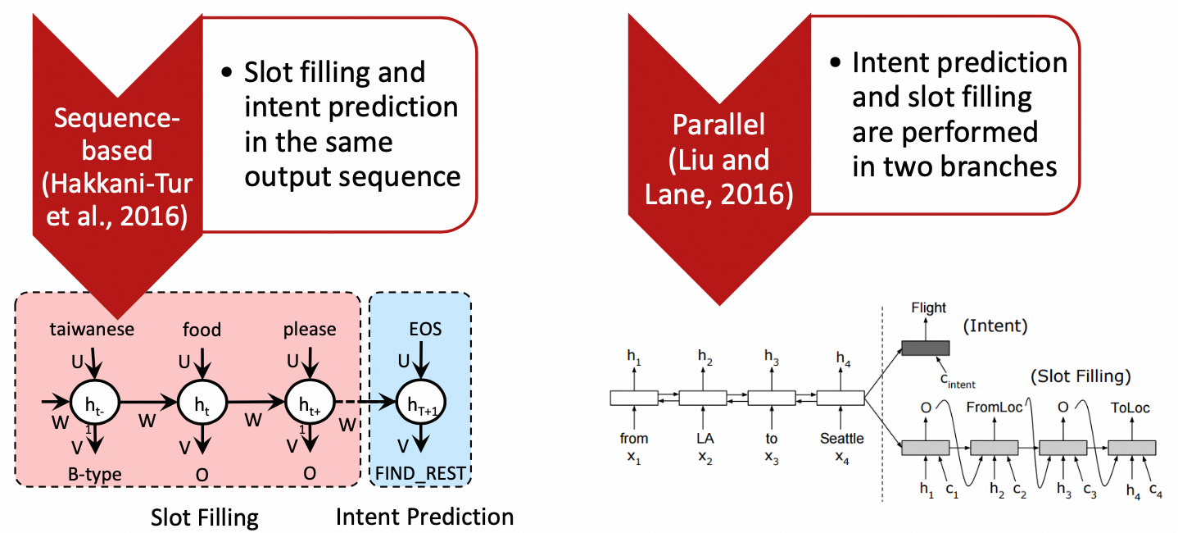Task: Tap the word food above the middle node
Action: (202, 329)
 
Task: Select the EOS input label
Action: (425, 329)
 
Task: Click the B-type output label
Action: (97, 473)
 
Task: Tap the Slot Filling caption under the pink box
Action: (205, 517)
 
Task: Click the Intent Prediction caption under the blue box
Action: (424, 517)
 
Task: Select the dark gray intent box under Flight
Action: (926, 348)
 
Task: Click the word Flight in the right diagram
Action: (928, 308)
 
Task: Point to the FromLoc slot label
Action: (992, 408)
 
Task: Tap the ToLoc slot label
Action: (1130, 408)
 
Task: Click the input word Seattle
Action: (841, 439)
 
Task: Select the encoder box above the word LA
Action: (703, 399)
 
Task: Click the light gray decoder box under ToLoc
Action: (1132, 448)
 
